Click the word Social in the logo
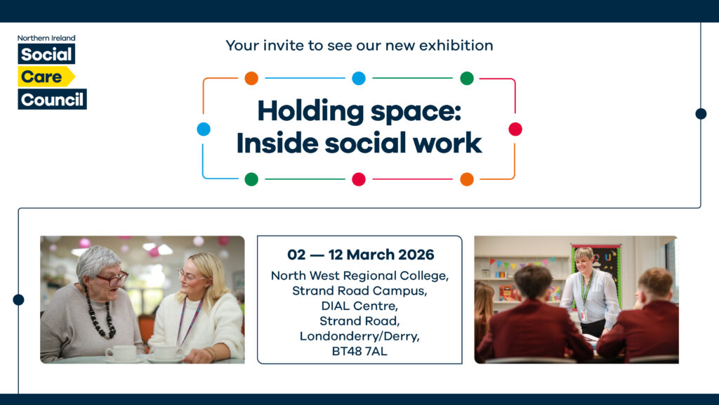(46, 54)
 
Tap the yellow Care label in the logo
(42, 77)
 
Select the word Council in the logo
(52, 99)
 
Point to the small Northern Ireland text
(46, 38)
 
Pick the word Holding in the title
(308, 112)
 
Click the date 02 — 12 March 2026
(359, 255)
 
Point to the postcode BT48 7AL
(359, 350)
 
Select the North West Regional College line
(359, 276)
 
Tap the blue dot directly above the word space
(359, 78)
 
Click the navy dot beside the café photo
(18, 300)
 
